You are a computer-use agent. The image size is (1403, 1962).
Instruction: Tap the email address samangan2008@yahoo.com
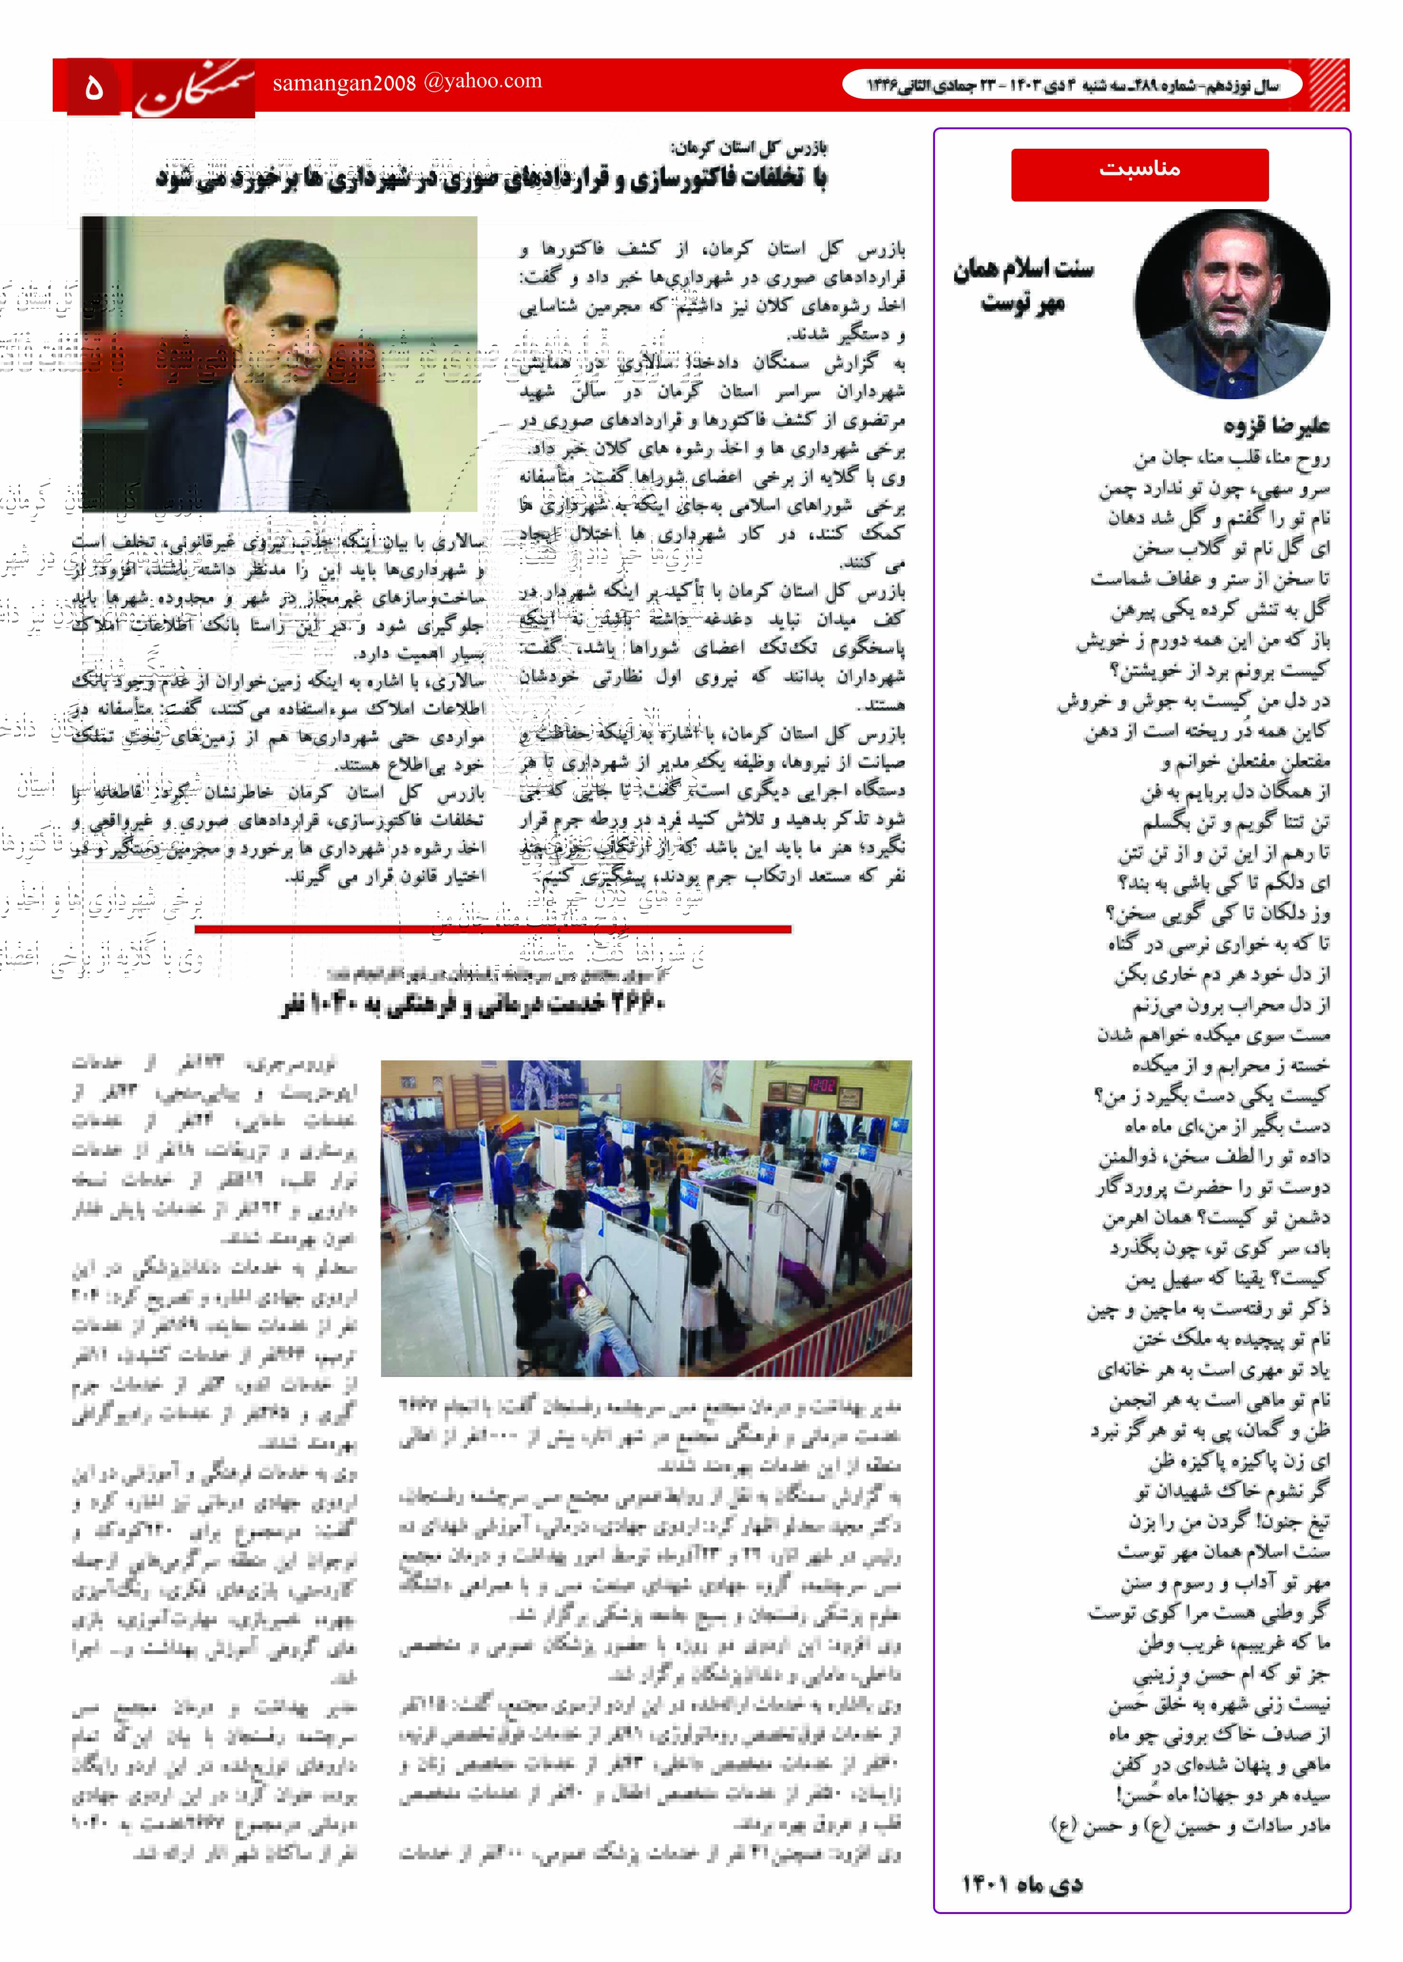[x=407, y=82]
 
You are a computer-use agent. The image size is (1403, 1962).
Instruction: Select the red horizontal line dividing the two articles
[x=492, y=929]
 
